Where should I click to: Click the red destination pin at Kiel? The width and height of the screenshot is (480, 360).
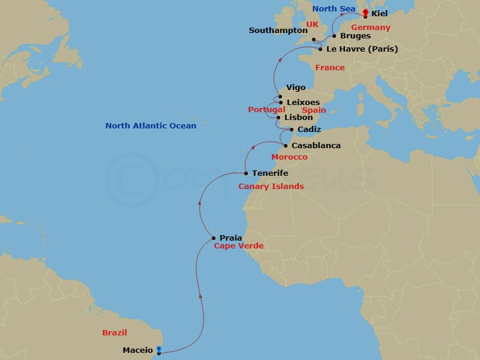click(365, 13)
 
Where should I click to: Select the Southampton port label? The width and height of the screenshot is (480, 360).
click(278, 30)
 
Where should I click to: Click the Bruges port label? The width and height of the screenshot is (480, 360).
click(355, 36)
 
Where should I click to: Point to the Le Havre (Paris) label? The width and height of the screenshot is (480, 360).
click(362, 49)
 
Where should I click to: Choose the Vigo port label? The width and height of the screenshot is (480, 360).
click(296, 88)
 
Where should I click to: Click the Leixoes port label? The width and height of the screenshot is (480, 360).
click(303, 103)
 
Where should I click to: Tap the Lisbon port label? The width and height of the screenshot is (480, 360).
click(299, 118)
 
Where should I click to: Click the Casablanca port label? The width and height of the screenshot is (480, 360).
click(316, 146)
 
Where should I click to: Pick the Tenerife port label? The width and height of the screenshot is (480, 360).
click(270, 173)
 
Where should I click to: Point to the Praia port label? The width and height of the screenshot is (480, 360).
click(231, 238)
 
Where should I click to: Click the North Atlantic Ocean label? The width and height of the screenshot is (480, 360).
click(151, 126)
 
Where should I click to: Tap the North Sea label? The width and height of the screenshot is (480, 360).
click(334, 8)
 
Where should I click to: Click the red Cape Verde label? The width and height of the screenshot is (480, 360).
click(239, 246)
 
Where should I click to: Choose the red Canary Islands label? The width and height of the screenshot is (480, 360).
click(271, 187)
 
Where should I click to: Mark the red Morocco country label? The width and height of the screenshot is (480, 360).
click(289, 157)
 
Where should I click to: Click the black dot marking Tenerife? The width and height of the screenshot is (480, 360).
click(246, 173)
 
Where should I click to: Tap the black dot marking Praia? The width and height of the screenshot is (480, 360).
click(214, 238)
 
